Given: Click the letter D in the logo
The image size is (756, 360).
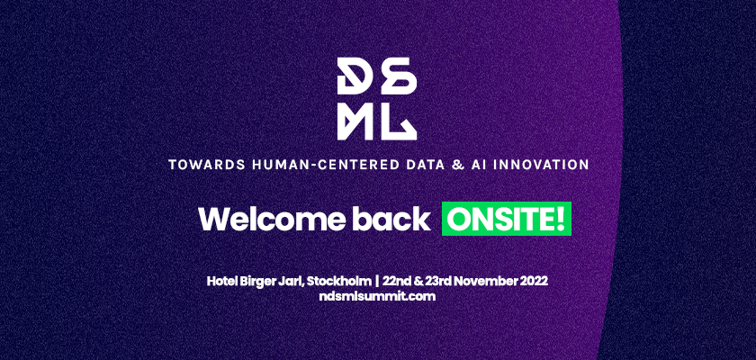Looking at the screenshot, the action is (x=355, y=76).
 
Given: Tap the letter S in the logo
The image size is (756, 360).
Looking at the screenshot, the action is (x=399, y=76).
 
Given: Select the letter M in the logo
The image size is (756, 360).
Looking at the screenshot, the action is (x=355, y=121).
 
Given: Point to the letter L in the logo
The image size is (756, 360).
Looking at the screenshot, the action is (x=399, y=121).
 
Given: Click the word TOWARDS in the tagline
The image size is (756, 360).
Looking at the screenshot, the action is (x=207, y=165).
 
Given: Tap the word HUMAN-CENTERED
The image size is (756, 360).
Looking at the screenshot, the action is (x=327, y=165).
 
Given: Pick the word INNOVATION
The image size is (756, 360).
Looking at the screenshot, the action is (x=543, y=165).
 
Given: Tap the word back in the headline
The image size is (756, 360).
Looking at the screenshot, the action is (x=391, y=219).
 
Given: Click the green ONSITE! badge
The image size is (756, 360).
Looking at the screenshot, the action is (x=506, y=219).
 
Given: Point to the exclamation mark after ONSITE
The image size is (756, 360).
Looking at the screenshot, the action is (x=560, y=219).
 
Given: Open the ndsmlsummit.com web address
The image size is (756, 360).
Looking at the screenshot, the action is (x=377, y=296).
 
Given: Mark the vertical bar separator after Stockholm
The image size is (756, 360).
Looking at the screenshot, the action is (x=377, y=281).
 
